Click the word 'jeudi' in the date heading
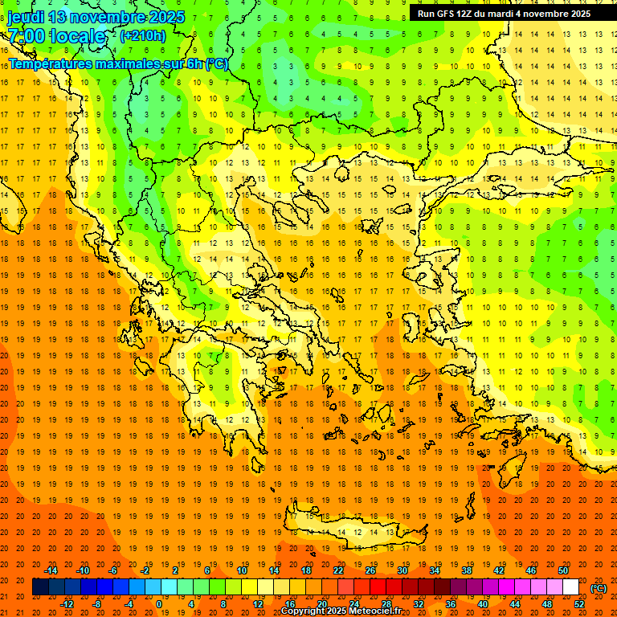click(26, 17)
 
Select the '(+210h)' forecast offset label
click(143, 35)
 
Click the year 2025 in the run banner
click(576, 14)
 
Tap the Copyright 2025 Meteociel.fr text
click(341, 611)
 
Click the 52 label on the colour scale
click(579, 604)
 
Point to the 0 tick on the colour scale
click(158, 604)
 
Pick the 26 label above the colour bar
click(370, 570)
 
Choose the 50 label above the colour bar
click(563, 570)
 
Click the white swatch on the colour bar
click(570, 587)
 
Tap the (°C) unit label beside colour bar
click(599, 588)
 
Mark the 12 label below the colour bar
click(258, 604)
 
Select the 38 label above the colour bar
click(467, 570)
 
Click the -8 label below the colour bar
click(97, 604)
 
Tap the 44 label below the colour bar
click(515, 604)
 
